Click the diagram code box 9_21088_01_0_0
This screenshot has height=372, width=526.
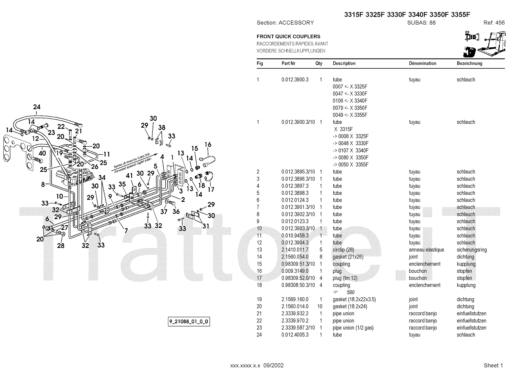189,322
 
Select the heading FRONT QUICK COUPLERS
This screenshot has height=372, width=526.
288,37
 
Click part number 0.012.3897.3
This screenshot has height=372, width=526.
295,186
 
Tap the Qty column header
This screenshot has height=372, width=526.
319,63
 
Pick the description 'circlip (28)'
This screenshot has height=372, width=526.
343,250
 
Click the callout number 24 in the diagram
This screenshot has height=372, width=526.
37,107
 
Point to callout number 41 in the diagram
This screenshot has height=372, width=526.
130,176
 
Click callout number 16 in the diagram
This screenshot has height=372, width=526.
208,145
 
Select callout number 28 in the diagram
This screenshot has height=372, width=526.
61,245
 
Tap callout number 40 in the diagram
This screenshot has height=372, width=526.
42,153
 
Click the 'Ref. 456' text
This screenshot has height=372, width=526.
494,23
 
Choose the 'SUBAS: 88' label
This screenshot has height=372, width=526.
421,23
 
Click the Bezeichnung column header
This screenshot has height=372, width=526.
469,63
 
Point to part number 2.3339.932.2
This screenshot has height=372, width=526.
295,314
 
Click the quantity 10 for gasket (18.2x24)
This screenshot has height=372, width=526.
320,307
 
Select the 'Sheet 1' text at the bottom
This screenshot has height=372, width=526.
493,365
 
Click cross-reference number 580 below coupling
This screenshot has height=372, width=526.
350,292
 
